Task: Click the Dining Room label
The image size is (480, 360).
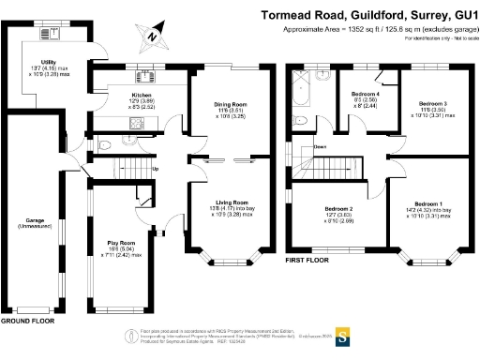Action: [217, 106]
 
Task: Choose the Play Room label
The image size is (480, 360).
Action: [120, 242]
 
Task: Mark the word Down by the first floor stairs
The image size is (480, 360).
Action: [321, 147]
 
